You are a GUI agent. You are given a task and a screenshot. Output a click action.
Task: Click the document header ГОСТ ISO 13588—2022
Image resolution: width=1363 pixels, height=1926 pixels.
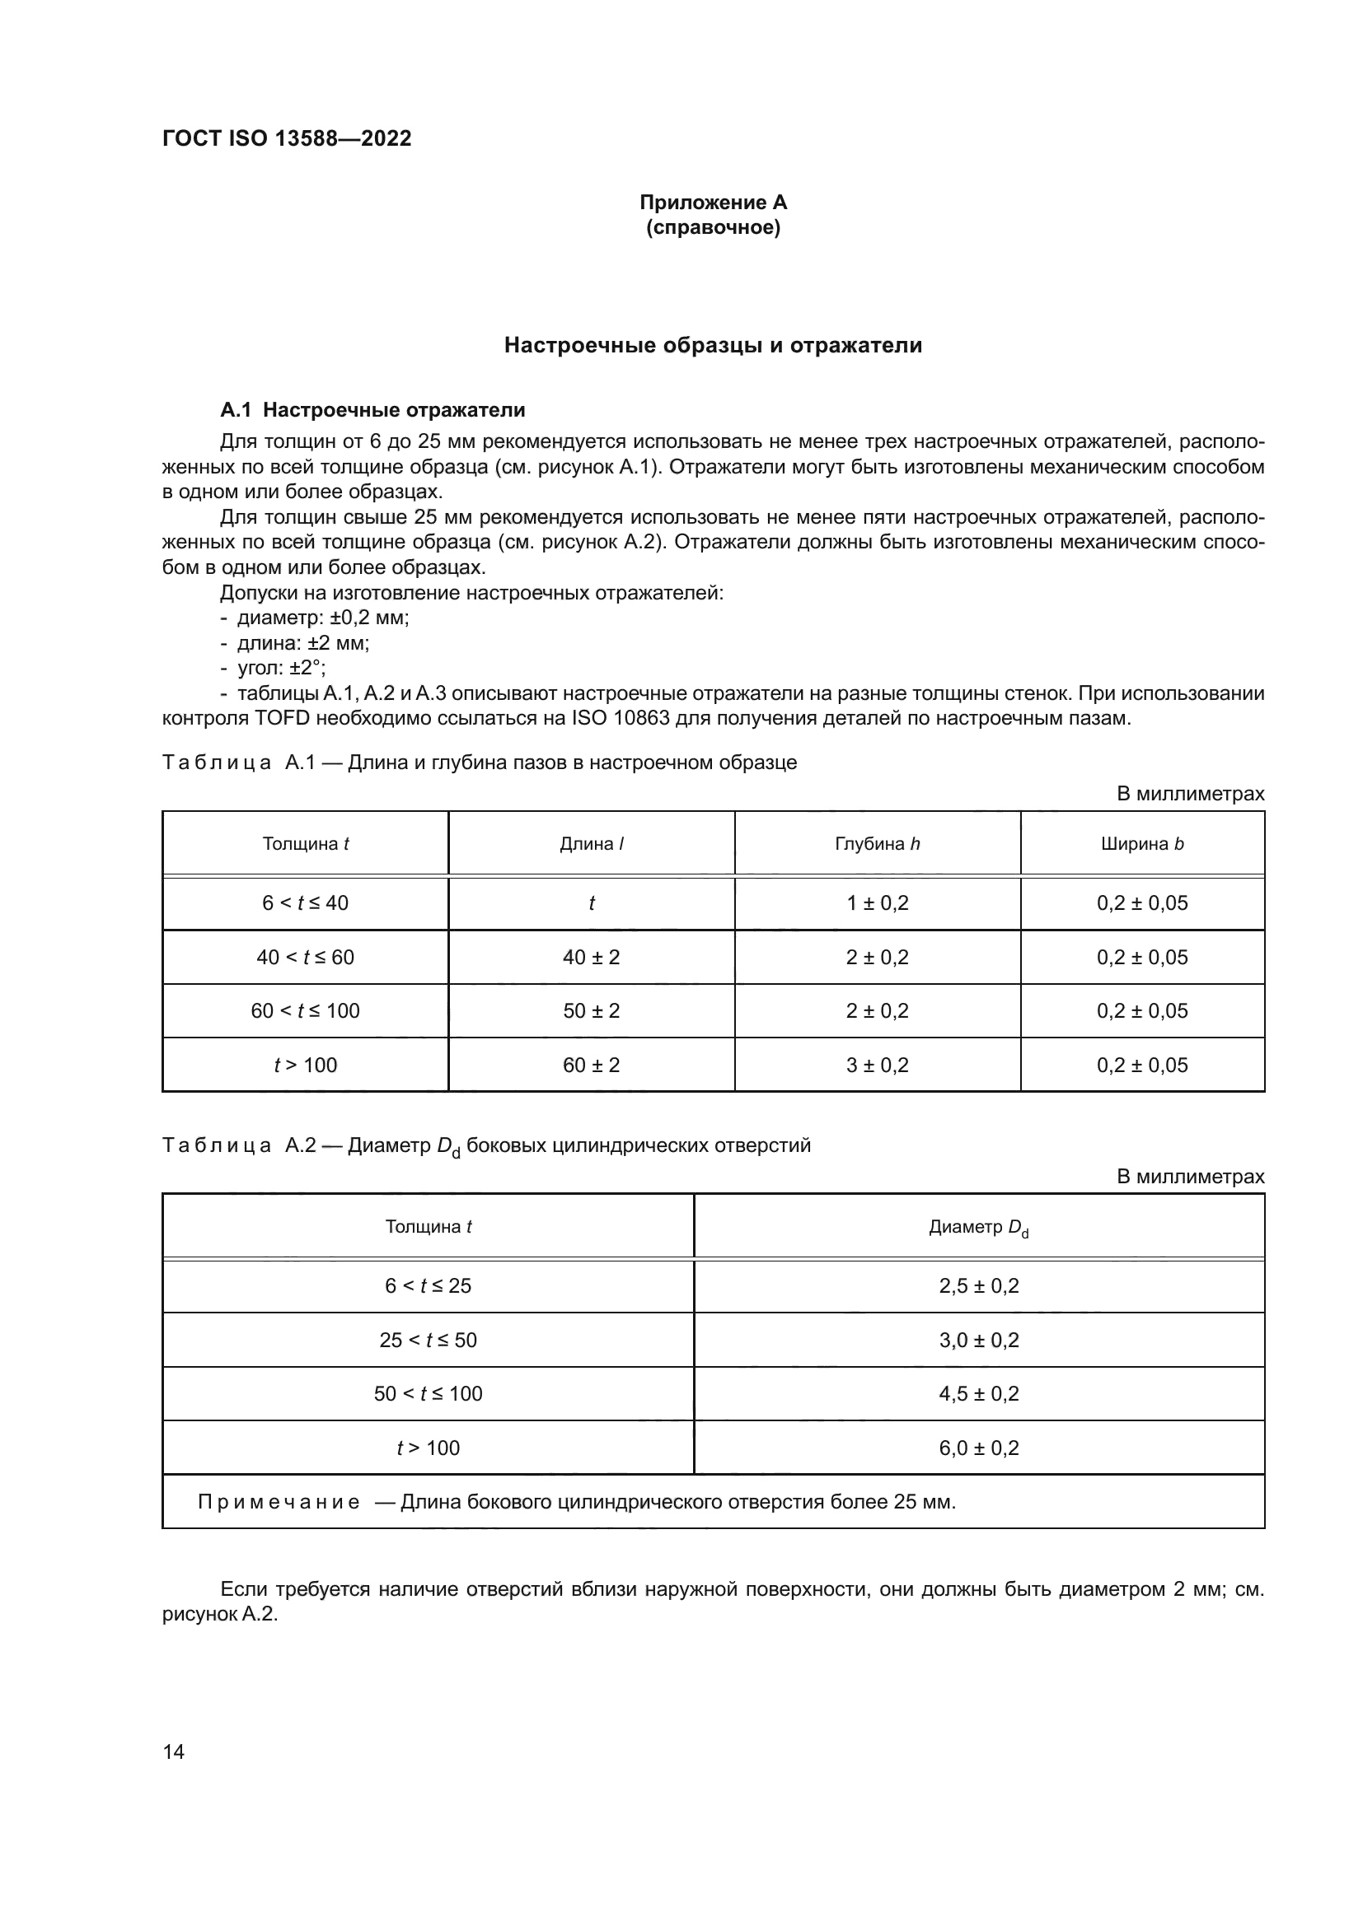tap(286, 138)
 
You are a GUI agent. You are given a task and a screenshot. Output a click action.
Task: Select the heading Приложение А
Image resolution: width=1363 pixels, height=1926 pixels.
tap(713, 203)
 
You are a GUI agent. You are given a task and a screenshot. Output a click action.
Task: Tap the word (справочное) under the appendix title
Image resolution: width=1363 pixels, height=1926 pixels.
tap(713, 228)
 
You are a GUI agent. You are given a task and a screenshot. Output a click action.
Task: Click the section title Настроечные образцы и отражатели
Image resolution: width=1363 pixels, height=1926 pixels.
tap(713, 346)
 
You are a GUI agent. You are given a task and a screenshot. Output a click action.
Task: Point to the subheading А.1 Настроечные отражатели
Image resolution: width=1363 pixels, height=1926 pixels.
tap(372, 410)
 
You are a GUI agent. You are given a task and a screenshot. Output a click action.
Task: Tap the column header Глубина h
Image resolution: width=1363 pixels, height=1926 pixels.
tap(877, 844)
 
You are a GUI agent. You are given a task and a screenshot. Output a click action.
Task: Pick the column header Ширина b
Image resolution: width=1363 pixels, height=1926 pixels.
tap(1141, 844)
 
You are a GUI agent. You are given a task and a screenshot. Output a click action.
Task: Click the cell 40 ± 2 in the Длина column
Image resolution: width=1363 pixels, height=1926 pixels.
tap(591, 957)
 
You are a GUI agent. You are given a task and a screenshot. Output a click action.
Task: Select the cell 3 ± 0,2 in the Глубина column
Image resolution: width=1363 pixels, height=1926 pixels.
tap(877, 1066)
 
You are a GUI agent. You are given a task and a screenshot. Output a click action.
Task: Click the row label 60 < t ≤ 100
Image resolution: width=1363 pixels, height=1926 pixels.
tap(305, 1011)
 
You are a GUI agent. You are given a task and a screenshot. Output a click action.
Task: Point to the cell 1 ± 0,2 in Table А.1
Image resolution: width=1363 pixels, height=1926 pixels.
tap(877, 903)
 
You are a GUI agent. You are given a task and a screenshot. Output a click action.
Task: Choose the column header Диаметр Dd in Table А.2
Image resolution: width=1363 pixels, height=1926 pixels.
tap(978, 1228)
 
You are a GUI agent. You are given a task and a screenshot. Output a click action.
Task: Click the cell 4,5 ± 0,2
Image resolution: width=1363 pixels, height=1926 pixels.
tap(979, 1394)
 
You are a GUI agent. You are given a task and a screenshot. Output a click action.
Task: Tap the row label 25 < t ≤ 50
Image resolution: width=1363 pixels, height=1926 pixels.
tap(428, 1341)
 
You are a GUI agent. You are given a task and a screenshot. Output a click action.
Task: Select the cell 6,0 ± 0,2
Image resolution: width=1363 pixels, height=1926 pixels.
tap(979, 1448)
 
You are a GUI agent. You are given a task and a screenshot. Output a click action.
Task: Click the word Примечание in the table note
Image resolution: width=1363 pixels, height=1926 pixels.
tap(279, 1503)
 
